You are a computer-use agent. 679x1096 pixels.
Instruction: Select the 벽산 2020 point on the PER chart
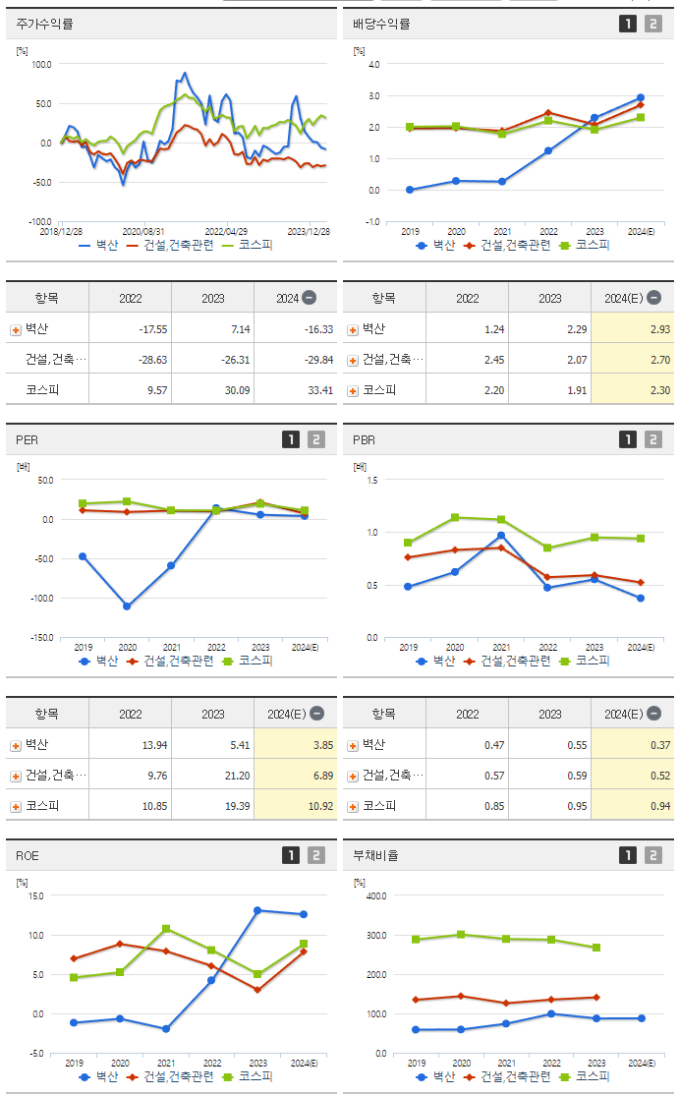127,606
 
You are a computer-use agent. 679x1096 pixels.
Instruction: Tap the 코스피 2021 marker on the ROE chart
166,928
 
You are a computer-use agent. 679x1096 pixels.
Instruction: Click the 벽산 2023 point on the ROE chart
257,910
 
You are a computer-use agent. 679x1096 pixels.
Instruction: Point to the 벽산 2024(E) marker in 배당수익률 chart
641,97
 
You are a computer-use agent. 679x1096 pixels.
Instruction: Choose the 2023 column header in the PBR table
550,714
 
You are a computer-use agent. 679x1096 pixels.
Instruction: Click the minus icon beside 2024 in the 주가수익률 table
309,298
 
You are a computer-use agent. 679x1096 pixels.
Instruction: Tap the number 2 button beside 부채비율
653,855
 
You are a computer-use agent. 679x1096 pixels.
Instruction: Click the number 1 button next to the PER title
291,439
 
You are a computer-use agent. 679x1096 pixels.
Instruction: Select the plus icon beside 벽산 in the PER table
15,745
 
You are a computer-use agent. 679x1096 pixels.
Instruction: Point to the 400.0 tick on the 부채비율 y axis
376,895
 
